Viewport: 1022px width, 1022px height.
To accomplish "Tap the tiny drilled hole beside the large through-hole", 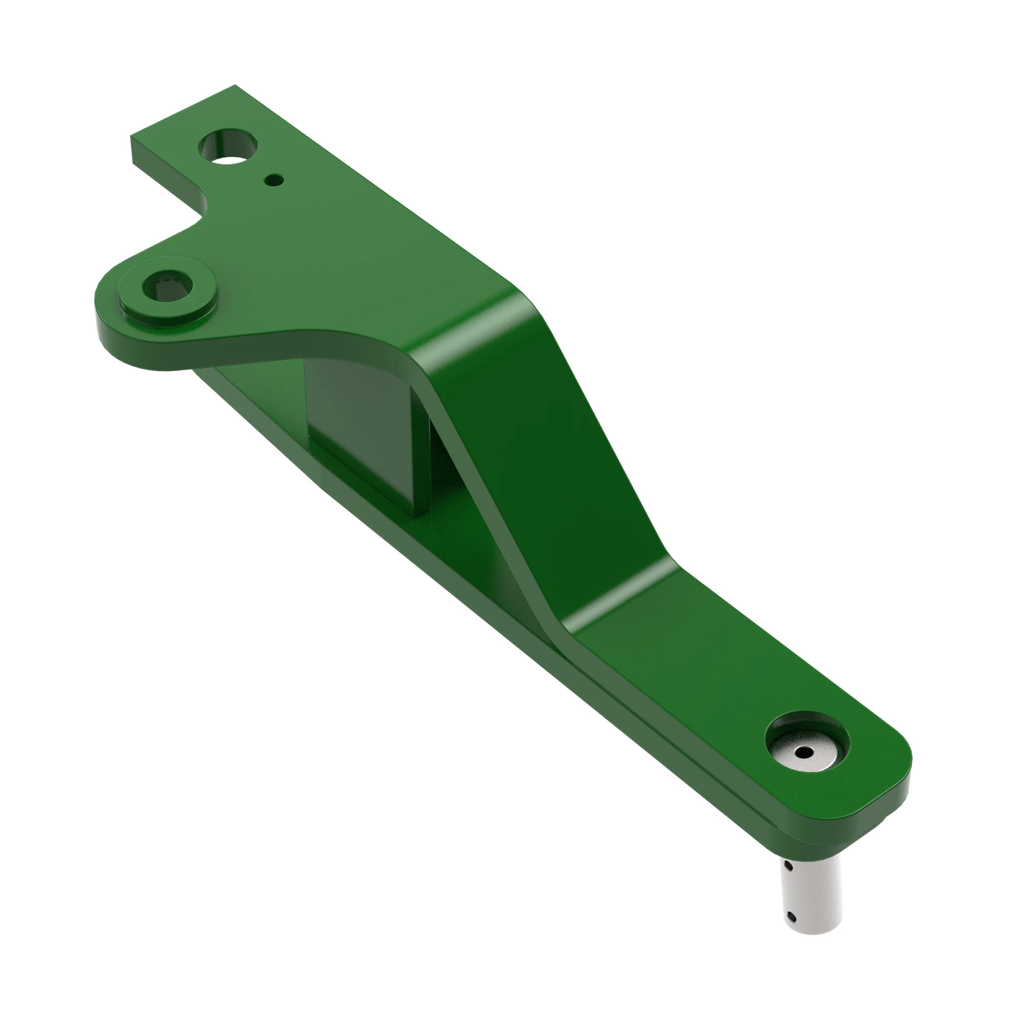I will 274,180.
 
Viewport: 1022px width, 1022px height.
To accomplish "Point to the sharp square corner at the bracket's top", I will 235,86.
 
